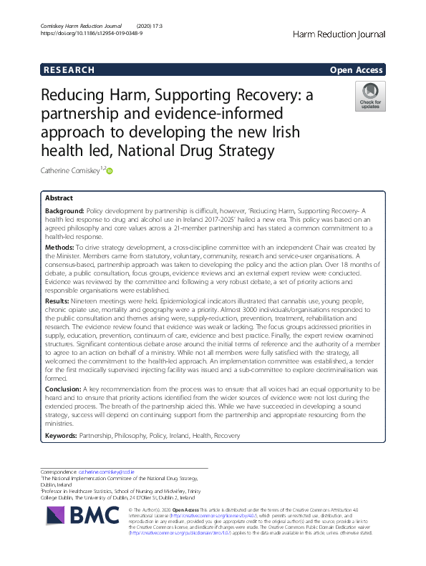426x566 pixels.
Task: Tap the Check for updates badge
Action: click(x=370, y=97)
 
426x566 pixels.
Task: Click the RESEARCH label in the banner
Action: click(x=69, y=69)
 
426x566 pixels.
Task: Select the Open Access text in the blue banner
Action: click(x=357, y=69)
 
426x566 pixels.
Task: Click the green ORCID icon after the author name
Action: click(x=110, y=170)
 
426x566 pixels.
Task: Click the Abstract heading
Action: click(x=59, y=197)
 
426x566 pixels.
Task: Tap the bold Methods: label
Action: click(x=61, y=245)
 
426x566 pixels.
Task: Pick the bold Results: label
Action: click(x=59, y=301)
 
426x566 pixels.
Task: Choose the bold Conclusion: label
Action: click(x=66, y=387)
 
